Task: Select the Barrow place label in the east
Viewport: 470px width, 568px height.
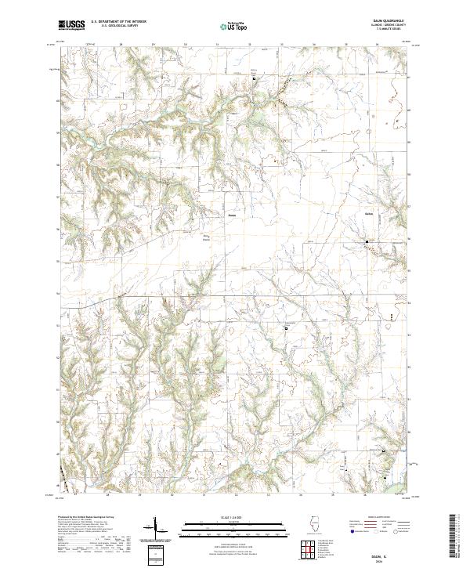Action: tap(369, 213)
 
